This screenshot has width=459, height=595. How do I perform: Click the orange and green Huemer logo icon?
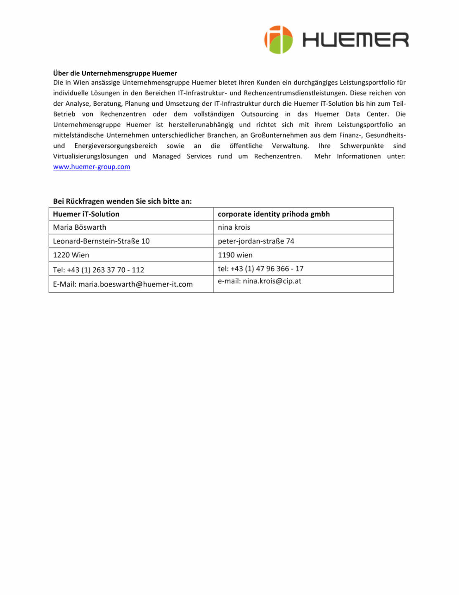click(x=279, y=40)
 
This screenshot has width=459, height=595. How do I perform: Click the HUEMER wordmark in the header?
click(x=355, y=40)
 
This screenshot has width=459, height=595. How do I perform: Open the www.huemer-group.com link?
click(x=92, y=167)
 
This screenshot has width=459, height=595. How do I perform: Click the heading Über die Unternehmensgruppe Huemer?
click(x=115, y=73)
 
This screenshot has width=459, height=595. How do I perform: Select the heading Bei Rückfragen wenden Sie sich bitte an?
click(x=122, y=201)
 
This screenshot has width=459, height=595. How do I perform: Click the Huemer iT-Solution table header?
click(x=86, y=214)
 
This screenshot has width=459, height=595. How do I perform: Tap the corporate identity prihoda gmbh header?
click(x=274, y=214)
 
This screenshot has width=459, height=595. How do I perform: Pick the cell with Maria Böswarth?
click(x=80, y=227)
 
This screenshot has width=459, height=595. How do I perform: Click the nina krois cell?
click(x=234, y=227)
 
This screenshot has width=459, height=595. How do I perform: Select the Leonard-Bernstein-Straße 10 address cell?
click(x=101, y=241)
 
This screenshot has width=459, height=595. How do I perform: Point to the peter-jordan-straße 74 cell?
click(x=256, y=241)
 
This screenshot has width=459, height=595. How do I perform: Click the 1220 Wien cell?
click(x=71, y=255)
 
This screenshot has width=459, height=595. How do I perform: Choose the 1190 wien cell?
click(x=235, y=255)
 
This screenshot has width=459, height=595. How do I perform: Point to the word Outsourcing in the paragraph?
click(x=260, y=114)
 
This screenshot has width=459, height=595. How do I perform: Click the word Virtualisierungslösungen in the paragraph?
click(x=90, y=156)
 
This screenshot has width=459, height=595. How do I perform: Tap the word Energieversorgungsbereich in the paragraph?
click(x=116, y=146)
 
